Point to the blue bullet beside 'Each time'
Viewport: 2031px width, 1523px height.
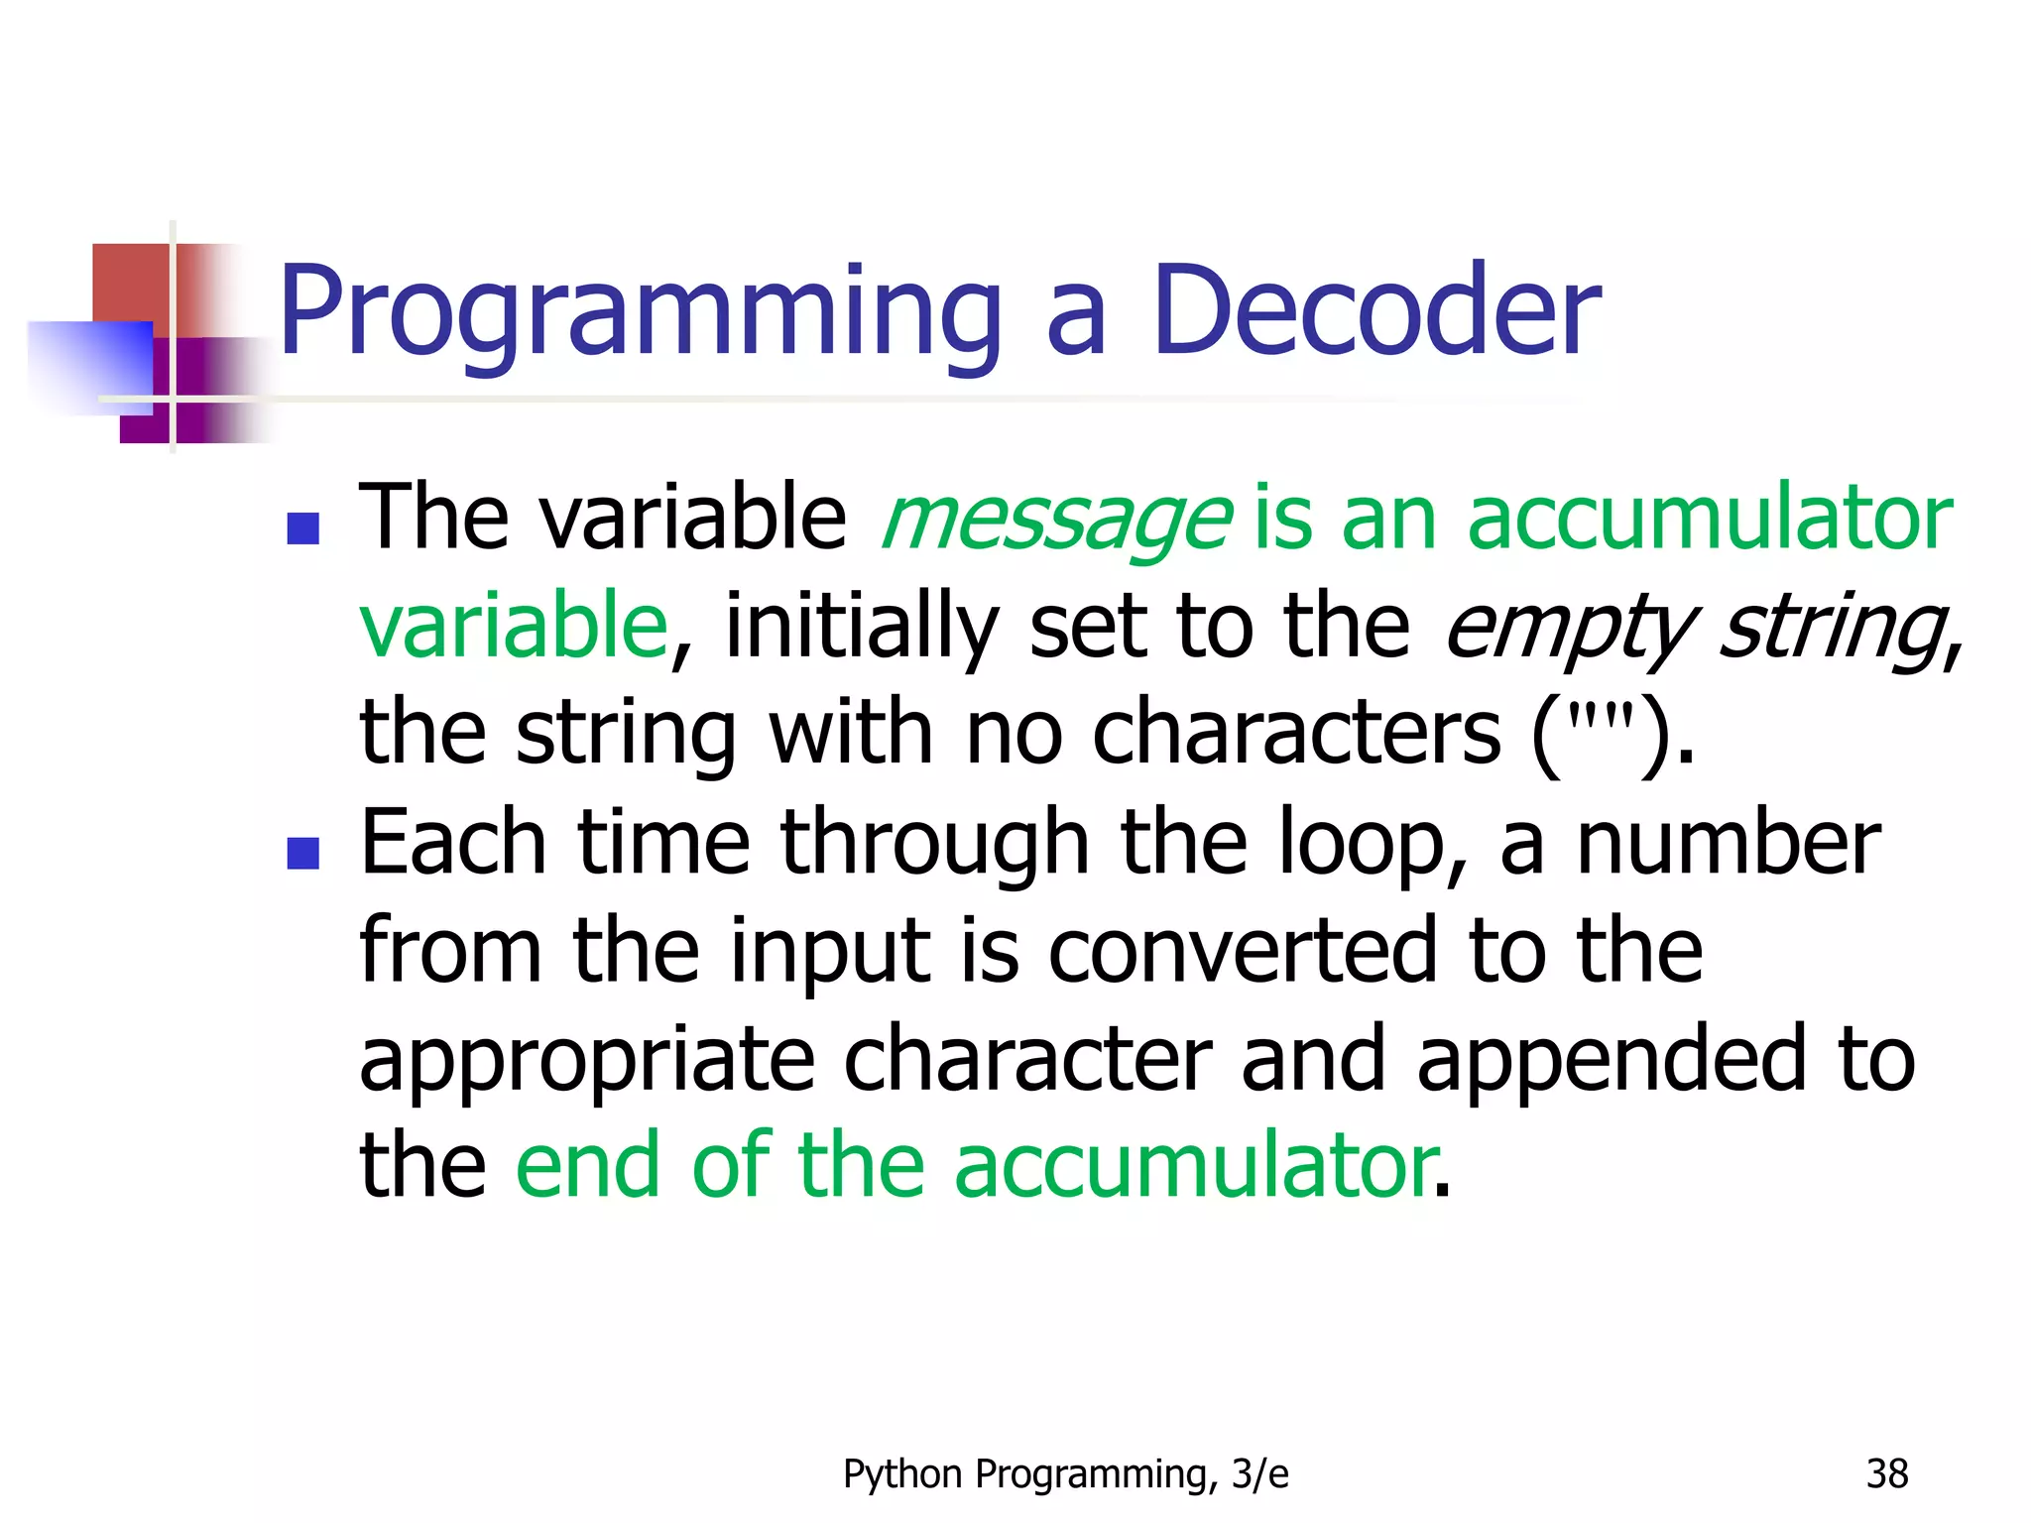302,852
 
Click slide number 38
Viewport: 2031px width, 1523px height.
1886,1474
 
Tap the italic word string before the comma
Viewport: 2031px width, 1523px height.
1831,628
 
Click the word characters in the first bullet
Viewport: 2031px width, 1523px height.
1296,734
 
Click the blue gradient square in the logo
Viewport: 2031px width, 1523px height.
91,365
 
